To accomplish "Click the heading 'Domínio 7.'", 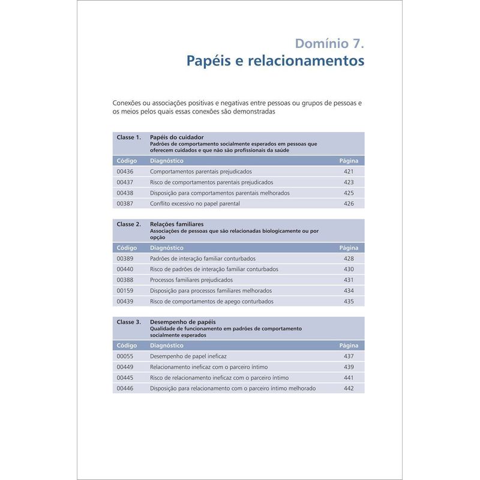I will coord(329,43).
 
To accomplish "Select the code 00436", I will coord(125,172).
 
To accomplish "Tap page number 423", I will coord(349,182).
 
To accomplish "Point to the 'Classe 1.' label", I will coord(129,137).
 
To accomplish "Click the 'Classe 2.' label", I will coord(129,224).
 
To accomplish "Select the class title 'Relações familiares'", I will coord(177,224).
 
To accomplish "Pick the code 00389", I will coord(125,259).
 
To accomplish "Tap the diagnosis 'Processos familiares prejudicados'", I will coord(191,280).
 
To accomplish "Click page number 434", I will coord(349,291).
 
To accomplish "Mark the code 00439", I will coord(125,302).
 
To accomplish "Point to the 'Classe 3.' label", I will coord(129,322).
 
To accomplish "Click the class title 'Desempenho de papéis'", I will coord(182,322).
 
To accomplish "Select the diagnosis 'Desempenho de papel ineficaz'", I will coord(184,356).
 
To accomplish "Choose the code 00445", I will coord(125,378).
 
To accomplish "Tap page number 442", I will coord(349,389).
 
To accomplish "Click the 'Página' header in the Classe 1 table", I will coord(349,161).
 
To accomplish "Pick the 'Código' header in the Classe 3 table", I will coord(127,346).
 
